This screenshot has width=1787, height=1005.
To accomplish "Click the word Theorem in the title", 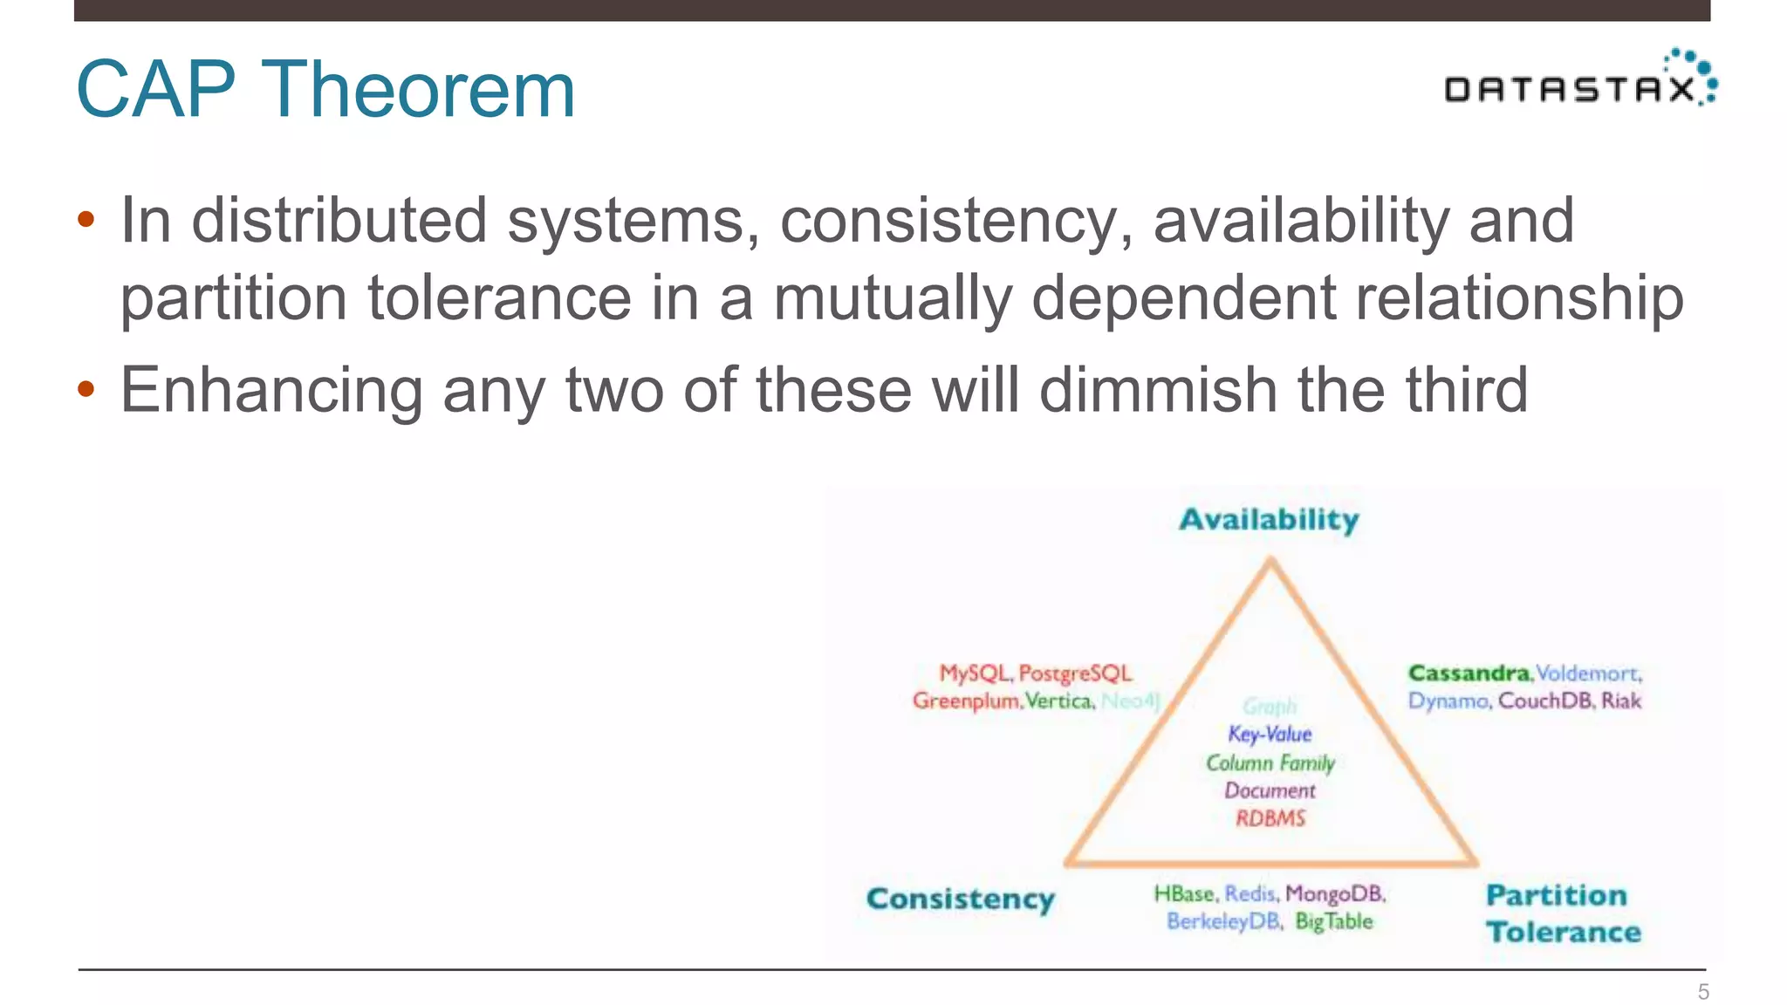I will tap(418, 89).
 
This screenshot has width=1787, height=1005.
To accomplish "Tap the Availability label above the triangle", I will tap(1269, 520).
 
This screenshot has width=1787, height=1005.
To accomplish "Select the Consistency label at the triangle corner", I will tap(961, 899).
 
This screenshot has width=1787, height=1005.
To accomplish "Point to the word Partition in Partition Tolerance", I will tap(1556, 895).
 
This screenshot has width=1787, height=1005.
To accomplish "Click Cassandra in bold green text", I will tap(1469, 673).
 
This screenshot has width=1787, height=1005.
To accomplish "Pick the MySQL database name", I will tap(975, 673).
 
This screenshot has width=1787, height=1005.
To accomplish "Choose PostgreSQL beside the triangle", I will tap(1075, 673).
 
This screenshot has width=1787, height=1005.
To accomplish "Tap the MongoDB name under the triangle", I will tap(1335, 894).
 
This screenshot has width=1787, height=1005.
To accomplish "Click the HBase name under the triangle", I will tap(1184, 894).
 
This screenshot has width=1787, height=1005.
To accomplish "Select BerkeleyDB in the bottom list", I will tap(1223, 922).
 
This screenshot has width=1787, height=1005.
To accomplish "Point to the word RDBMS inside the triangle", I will tap(1270, 818).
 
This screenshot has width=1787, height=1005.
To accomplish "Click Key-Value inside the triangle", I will tap(1270, 735).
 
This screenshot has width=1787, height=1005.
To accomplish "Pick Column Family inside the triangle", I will tap(1270, 763).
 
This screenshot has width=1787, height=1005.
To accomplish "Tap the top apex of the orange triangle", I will tap(1271, 562).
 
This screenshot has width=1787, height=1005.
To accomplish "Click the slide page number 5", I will tap(1702, 992).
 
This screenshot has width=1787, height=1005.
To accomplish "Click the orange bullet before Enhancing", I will tap(86, 389).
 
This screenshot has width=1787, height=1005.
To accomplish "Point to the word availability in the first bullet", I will tap(1301, 220).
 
